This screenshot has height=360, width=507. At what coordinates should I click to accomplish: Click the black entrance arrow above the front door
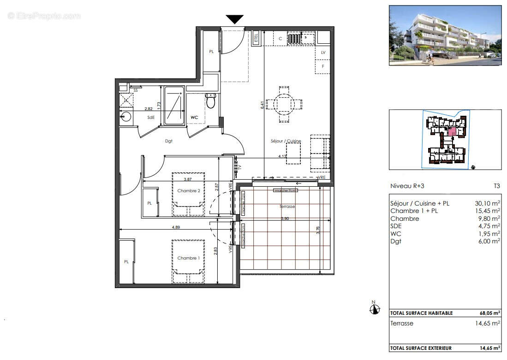point(234,19)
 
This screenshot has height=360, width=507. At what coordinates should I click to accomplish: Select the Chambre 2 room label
point(188,191)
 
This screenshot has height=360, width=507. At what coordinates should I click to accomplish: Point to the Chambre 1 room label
point(188,258)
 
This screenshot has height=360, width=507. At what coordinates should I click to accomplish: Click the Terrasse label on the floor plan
point(287,207)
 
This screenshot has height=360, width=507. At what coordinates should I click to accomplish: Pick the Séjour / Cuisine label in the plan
point(286,141)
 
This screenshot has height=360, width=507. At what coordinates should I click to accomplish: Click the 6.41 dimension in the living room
point(262,105)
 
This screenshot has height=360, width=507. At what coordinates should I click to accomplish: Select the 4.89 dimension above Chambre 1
point(176,227)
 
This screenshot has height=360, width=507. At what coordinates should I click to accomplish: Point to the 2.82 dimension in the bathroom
point(149,109)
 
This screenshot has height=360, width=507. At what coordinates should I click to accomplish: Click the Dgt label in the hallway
point(168,141)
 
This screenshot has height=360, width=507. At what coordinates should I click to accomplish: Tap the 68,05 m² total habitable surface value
point(490,313)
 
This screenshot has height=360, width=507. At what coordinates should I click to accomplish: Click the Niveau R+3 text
point(408,186)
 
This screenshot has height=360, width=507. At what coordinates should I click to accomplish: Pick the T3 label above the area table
point(496,186)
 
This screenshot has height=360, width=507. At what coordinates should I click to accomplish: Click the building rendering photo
point(445,35)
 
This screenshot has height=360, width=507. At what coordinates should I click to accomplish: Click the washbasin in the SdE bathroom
point(126,117)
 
